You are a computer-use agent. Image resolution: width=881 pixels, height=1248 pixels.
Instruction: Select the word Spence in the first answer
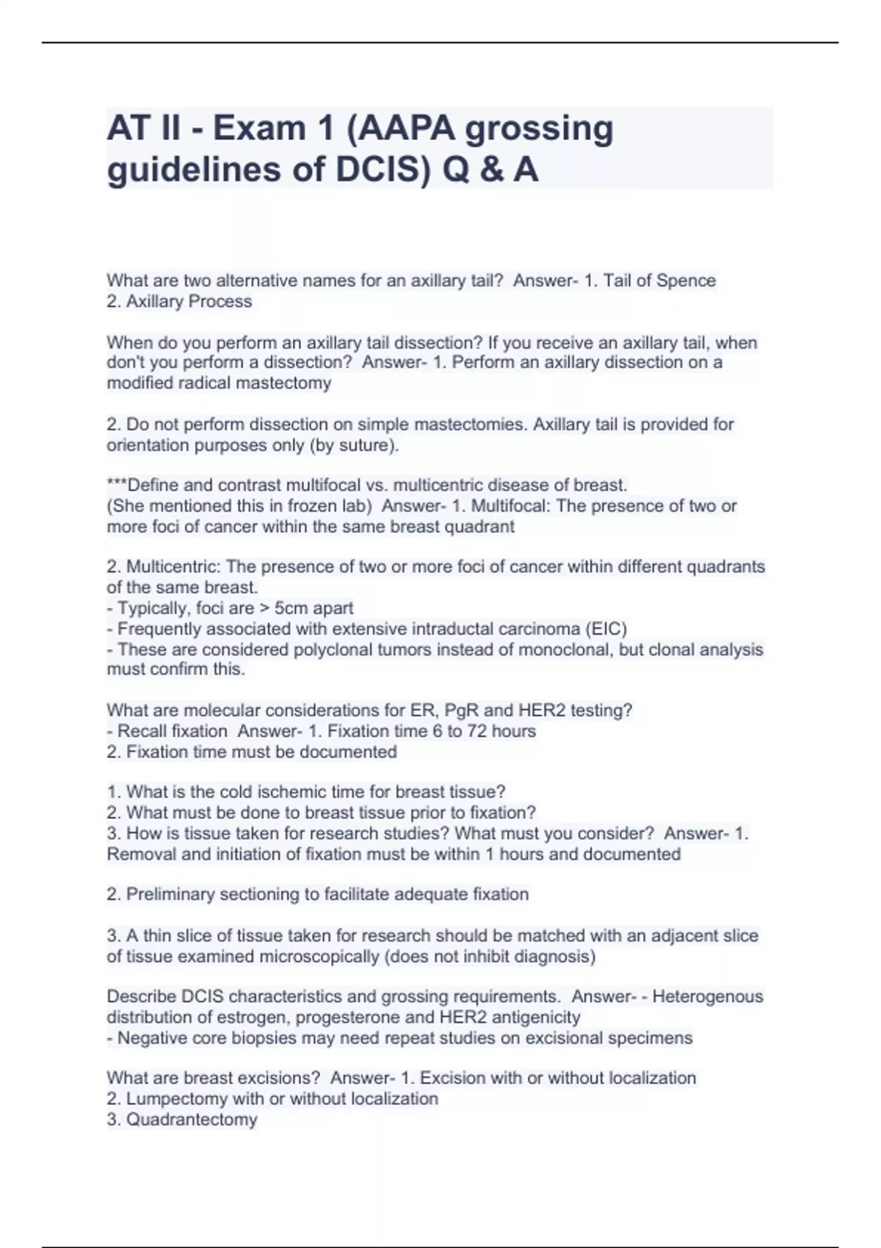click(x=686, y=281)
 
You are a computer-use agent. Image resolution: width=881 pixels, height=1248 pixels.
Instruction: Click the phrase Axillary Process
click(x=189, y=302)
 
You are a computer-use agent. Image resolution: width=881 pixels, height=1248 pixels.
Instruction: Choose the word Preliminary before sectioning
click(x=170, y=894)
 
